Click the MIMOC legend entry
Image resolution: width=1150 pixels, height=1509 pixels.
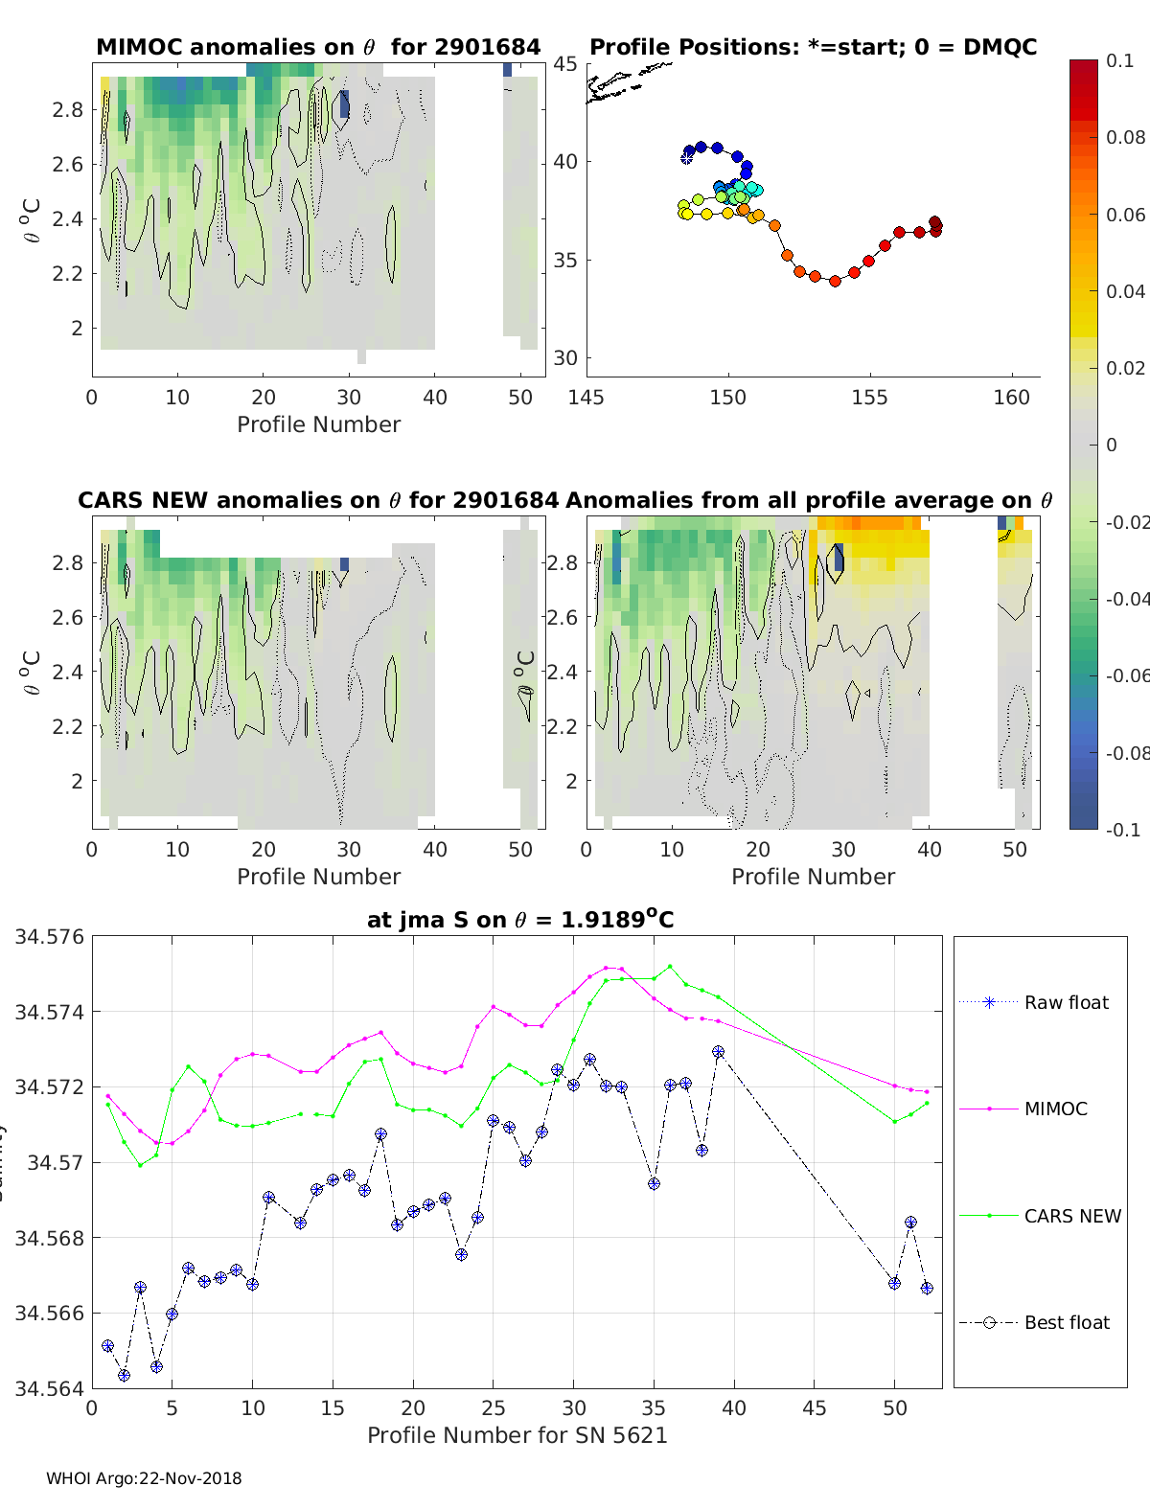1055,1109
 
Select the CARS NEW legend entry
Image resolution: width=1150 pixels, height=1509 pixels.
1071,1216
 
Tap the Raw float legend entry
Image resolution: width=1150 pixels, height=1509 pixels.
1066,1002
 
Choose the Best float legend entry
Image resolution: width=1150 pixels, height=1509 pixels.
1067,1322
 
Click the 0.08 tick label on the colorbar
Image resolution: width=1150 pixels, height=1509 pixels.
1125,137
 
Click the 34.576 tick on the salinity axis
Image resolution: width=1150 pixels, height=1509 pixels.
50,937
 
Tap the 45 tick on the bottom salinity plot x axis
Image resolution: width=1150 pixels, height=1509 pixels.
814,1407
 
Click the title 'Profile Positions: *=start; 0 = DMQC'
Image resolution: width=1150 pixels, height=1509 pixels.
813,47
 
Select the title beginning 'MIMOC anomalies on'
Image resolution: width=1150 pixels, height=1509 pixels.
318,47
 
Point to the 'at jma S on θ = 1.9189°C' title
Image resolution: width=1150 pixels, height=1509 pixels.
520,920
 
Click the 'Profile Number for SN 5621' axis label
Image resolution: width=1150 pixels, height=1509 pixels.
517,1435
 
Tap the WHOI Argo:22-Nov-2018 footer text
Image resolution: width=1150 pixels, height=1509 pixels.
144,1478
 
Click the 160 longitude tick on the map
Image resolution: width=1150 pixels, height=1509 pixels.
1011,398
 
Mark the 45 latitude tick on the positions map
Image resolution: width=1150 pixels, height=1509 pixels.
564,64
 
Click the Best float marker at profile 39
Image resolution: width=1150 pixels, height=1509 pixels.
718,1052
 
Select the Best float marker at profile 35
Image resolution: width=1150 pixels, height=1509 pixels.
654,1184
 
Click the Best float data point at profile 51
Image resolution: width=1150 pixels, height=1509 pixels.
910,1223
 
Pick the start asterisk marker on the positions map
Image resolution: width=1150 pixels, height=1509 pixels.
686,158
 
